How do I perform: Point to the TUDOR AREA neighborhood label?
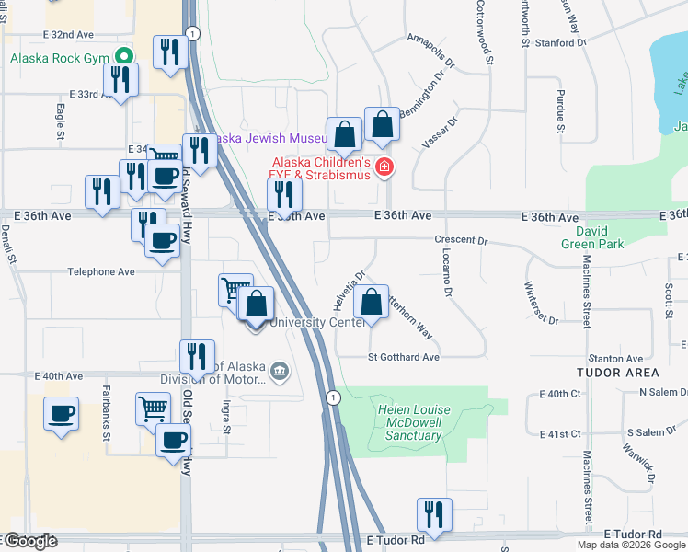(618, 373)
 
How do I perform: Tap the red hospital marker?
(384, 167)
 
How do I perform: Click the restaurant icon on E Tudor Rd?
(432, 514)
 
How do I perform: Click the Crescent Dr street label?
(461, 240)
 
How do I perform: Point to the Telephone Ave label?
(101, 272)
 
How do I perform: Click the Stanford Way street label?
(559, 42)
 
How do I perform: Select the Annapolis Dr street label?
(430, 52)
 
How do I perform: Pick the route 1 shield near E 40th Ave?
(332, 397)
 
